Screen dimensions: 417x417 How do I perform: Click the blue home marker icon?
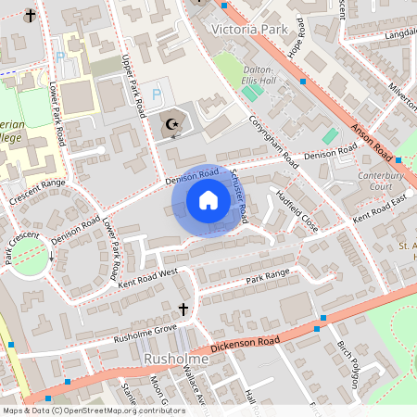pos(208,200)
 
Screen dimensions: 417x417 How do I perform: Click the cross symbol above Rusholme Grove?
pos(183,309)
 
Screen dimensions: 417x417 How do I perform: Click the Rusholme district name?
pos(176,358)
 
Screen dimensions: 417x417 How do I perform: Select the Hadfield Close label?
pos(297,211)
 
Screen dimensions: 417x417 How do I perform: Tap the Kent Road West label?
pos(148,274)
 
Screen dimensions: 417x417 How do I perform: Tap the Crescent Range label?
pos(37,189)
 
